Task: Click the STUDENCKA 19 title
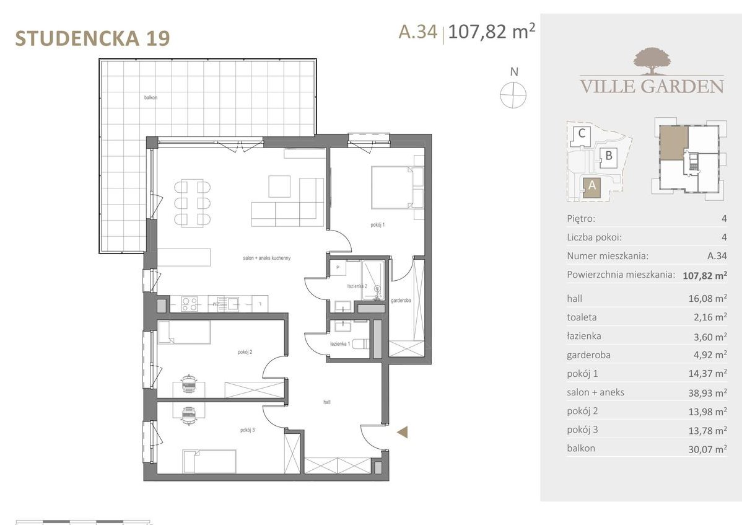pos(92,38)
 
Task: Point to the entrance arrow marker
pos(403,432)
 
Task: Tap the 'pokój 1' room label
pos(377,224)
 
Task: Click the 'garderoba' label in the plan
pos(401,301)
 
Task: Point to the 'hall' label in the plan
pos(326,402)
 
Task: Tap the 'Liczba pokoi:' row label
pos(594,237)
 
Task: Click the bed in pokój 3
pos(209,461)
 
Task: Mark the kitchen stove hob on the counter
pos(189,303)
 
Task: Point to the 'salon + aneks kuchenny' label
pos(267,258)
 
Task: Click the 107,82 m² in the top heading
pos(491,32)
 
